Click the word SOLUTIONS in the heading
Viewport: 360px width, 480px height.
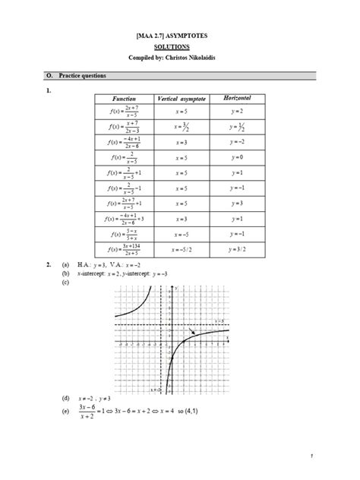click(180, 46)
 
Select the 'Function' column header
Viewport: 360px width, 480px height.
click(123, 99)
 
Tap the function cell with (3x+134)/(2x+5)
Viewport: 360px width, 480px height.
click(123, 248)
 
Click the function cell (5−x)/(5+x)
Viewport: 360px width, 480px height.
click(123, 233)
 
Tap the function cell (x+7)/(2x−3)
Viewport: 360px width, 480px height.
click(123, 128)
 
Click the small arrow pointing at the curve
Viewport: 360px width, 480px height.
click(195, 331)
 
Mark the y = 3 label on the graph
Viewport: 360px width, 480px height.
click(219, 321)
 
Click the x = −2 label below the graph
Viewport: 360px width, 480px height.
click(156, 390)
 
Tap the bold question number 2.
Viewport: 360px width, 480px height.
click(47, 264)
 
